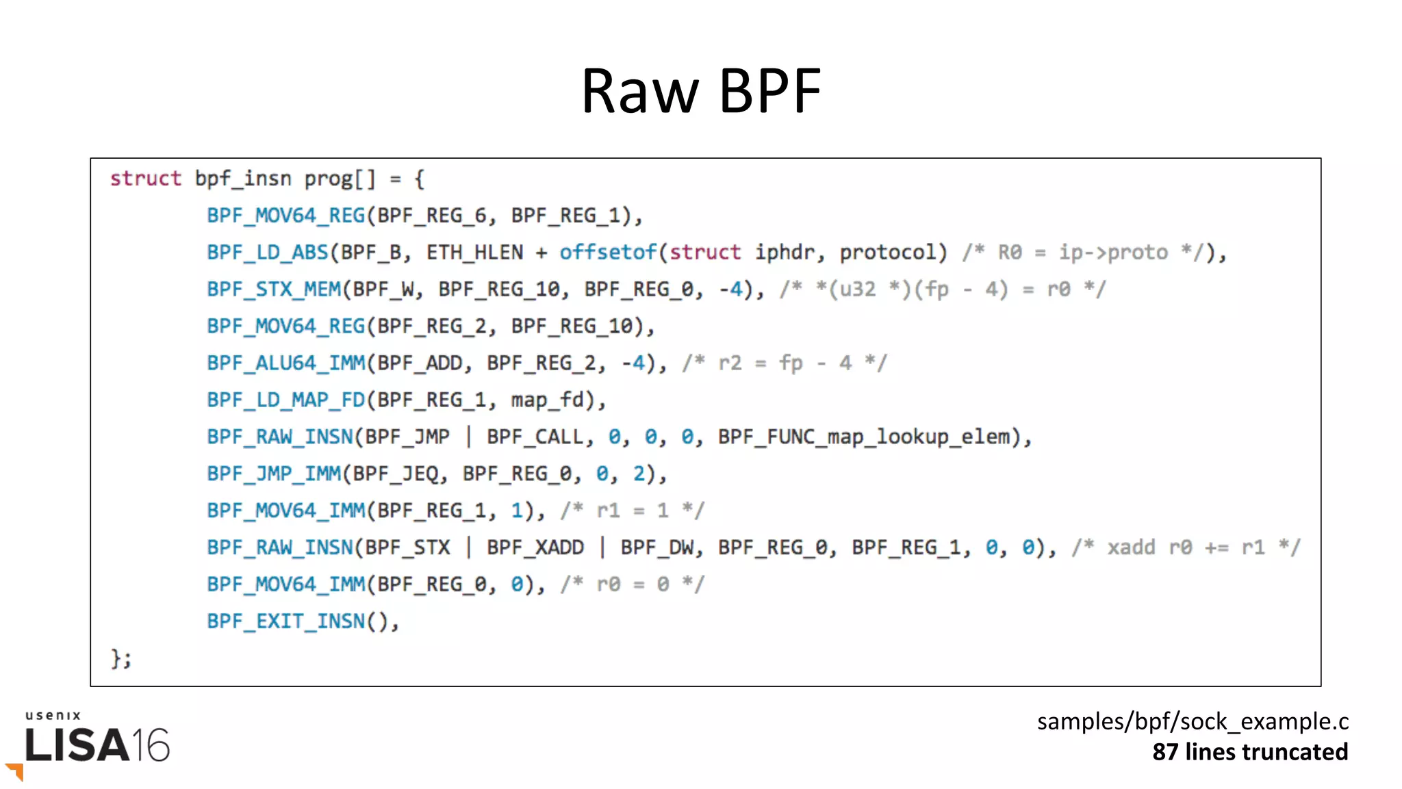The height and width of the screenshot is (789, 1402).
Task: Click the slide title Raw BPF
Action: [x=700, y=90]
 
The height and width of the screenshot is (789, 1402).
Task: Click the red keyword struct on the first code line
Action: [x=146, y=179]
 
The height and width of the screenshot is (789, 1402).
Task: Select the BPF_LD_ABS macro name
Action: [x=268, y=253]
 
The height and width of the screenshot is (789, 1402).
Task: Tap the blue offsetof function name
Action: [x=608, y=253]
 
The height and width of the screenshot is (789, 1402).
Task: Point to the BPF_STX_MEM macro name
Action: [x=274, y=289]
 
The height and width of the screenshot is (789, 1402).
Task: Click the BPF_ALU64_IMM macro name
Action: [x=285, y=363]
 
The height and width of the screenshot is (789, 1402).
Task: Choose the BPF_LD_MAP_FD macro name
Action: [x=285, y=400]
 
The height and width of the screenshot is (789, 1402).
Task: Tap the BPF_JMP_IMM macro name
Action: [x=274, y=474]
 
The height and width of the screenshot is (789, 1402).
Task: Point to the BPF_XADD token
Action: [x=535, y=548]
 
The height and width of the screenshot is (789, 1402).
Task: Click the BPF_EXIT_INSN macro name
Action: [x=285, y=622]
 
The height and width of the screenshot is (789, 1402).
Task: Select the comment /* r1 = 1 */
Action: [x=632, y=511]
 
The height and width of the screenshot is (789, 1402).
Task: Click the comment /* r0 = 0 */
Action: [x=632, y=585]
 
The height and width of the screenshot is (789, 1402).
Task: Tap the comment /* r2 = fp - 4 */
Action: [x=784, y=363]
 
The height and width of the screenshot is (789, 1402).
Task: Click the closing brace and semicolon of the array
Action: [x=121, y=659]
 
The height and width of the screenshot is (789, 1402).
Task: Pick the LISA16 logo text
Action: [x=97, y=745]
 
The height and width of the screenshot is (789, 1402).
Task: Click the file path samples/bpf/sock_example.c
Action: [x=1192, y=722]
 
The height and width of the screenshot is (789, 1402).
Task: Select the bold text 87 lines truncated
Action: [x=1249, y=752]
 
